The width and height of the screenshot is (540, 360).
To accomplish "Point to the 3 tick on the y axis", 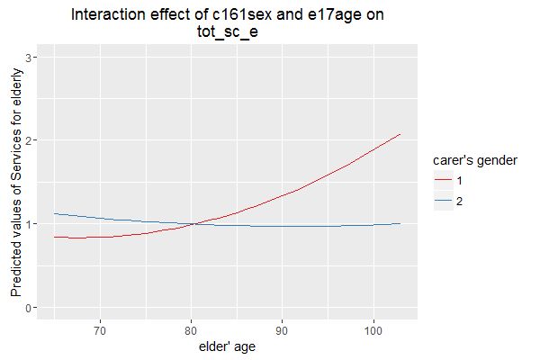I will click(x=32, y=57).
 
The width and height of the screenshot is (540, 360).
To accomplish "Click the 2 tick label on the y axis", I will click(x=32, y=140).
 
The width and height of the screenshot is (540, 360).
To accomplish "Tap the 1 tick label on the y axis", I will click(x=32, y=224).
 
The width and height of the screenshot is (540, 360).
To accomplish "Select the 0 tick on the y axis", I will click(x=32, y=308).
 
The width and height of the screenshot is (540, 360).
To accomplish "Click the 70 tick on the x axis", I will click(x=100, y=329).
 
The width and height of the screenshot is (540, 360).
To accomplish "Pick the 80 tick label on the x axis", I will click(x=191, y=329).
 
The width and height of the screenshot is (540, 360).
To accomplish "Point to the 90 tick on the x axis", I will click(x=283, y=329).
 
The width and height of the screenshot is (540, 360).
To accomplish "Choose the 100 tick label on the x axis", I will click(x=373, y=329).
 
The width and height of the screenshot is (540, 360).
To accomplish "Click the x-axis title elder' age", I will click(x=229, y=346).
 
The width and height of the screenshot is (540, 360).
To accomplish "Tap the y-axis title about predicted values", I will click(x=15, y=184).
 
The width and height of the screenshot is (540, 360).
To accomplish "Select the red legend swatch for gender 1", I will click(x=442, y=181).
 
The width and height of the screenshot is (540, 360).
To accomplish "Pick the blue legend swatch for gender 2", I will click(x=442, y=201).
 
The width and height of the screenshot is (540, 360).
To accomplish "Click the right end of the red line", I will click(x=400, y=134).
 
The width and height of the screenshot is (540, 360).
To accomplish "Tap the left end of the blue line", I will click(x=55, y=213).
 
